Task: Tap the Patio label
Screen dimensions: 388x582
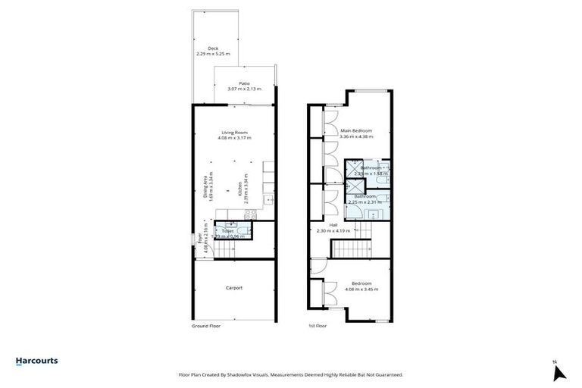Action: tap(244, 83)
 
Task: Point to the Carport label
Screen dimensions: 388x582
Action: tap(233, 287)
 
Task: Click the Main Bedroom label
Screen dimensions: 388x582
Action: tap(356, 130)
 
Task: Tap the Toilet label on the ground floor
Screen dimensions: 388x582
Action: tap(227, 230)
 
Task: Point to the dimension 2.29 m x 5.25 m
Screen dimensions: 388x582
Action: tap(211, 54)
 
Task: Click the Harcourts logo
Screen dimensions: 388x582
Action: tap(37, 361)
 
